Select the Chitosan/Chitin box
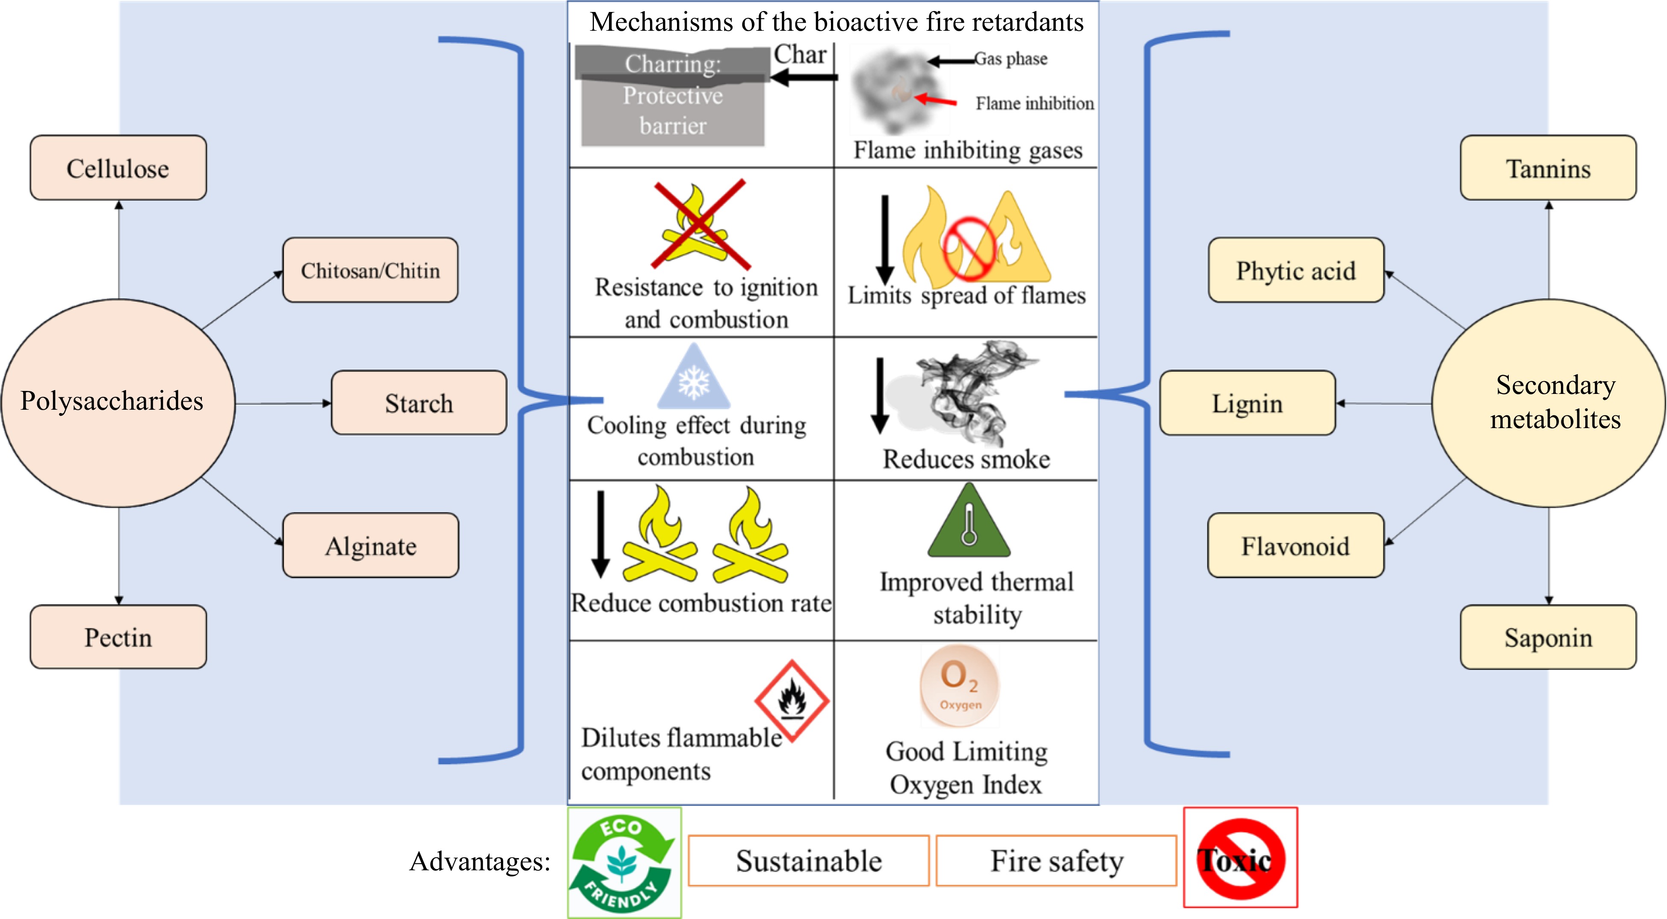[x=370, y=270]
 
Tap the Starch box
[x=419, y=403]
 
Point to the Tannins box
[x=1548, y=168]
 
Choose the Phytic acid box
[x=1295, y=270]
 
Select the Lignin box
[x=1247, y=403]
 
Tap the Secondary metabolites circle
[x=1548, y=402]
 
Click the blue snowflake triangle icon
[x=694, y=379]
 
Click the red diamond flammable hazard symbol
[x=792, y=700]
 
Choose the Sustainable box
[x=808, y=861]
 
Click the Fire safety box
[x=1056, y=861]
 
